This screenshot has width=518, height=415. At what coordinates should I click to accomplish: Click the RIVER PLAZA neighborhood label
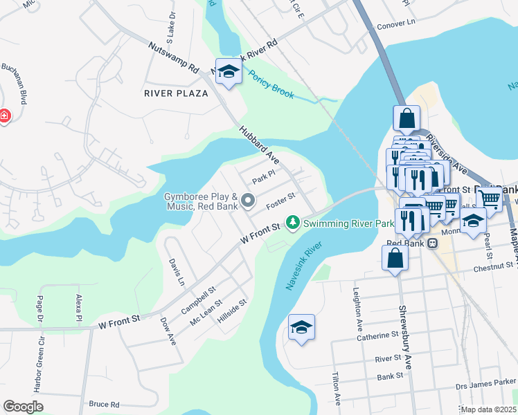point(175,93)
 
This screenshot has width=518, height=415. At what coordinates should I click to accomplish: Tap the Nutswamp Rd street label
point(173,57)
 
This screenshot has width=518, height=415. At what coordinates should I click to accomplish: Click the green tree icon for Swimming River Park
point(294,223)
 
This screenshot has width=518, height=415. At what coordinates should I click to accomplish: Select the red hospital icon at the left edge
point(3,116)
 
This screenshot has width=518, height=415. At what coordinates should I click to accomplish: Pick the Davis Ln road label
point(176,273)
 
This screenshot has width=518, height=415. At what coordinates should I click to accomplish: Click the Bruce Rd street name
point(104,404)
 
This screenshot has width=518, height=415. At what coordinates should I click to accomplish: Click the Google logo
point(23,407)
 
